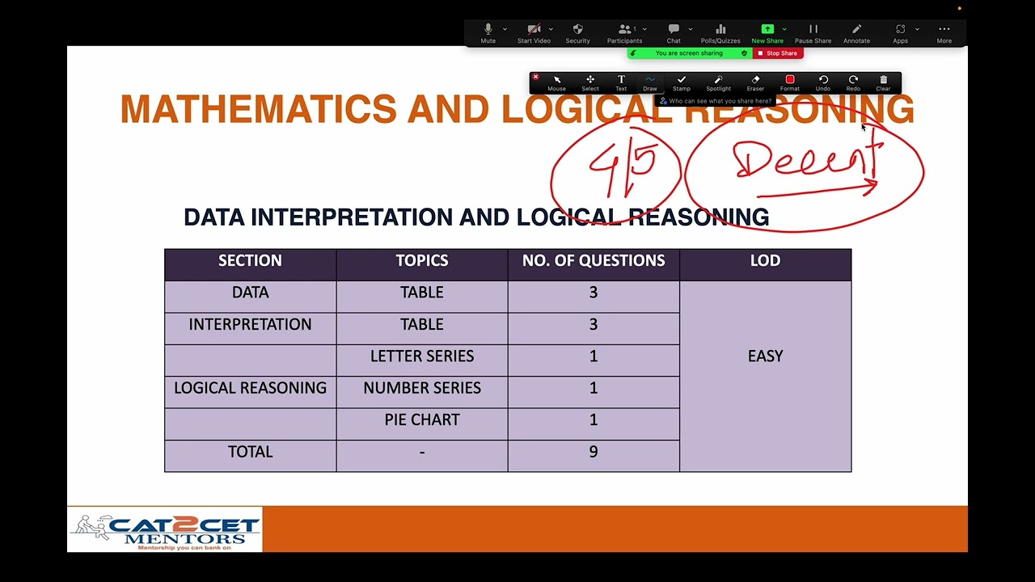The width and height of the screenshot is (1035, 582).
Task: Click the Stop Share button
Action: coord(777,53)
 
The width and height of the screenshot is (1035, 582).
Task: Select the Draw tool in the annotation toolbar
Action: coord(650,82)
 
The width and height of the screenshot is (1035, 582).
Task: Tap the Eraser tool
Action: coord(755,82)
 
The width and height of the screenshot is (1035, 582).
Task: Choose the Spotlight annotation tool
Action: coord(718,82)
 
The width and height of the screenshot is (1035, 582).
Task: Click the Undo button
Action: coord(823,82)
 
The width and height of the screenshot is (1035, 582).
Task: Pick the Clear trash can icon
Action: coord(883,82)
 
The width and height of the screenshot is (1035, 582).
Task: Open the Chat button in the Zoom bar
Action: coord(674,32)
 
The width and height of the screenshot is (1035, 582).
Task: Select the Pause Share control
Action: coord(813,32)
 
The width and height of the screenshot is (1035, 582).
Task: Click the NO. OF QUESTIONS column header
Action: coord(594,261)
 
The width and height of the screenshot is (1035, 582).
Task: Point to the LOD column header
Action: coord(765,261)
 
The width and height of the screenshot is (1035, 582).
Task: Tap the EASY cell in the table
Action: coord(765,356)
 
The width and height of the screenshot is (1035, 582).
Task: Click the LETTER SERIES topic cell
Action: coord(422,356)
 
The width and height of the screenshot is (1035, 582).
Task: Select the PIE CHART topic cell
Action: coord(422,420)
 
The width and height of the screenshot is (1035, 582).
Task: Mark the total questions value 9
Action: coord(594,452)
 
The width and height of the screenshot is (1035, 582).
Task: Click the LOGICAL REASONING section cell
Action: coord(250,388)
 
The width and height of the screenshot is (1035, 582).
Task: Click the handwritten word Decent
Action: coord(805,160)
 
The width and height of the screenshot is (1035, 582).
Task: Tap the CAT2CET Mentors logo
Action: coord(165,529)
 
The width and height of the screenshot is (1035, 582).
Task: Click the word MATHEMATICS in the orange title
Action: coord(258,109)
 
